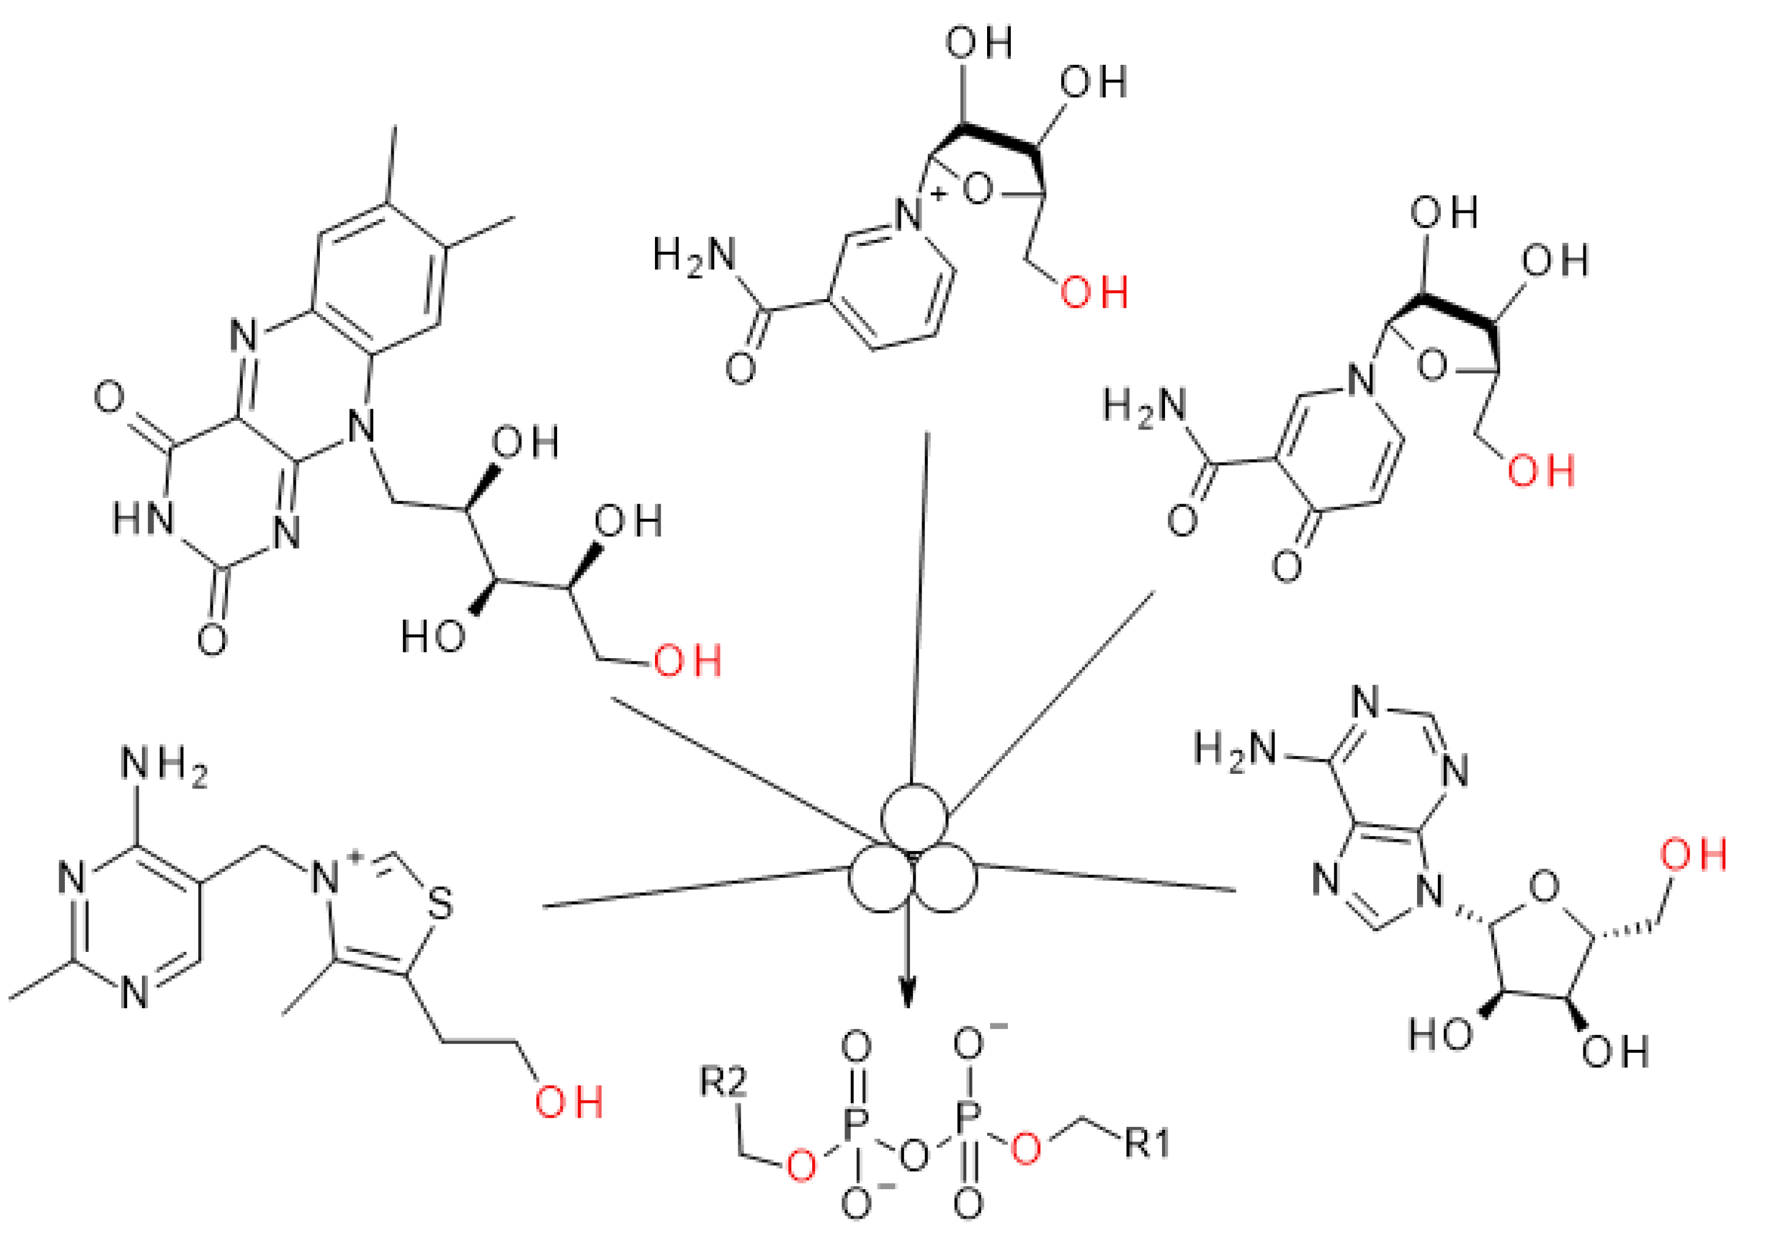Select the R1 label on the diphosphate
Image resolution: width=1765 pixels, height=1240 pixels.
coord(1146,1143)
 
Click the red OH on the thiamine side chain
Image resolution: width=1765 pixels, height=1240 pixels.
coord(568,1102)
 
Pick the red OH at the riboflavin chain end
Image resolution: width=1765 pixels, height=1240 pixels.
coord(687,661)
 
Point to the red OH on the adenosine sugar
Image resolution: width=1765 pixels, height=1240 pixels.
coord(1693,855)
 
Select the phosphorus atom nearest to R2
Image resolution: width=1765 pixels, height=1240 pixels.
coord(856,1127)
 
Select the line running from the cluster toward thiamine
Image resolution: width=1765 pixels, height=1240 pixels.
coord(692,888)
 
